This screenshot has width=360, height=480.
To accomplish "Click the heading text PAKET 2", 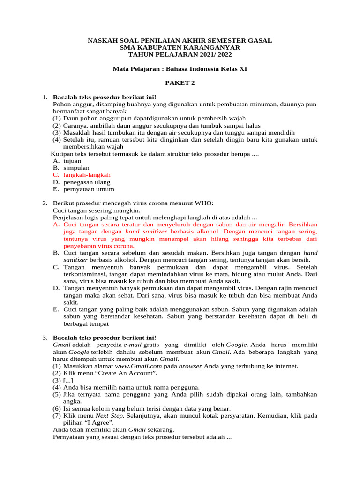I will pyautogui.click(x=180, y=83).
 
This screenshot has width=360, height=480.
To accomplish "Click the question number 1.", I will pyautogui.click(x=45, y=97).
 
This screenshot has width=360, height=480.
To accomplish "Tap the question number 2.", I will pyautogui.click(x=45, y=203).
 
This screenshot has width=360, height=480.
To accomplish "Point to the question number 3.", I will pyautogui.click(x=45, y=337).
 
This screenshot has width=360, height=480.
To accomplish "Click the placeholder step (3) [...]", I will pyautogui.click(x=63, y=380).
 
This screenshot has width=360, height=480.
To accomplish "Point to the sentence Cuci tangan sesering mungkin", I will pyautogui.click(x=96, y=210).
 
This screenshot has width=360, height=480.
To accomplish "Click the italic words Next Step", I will pyautogui.click(x=110, y=415).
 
